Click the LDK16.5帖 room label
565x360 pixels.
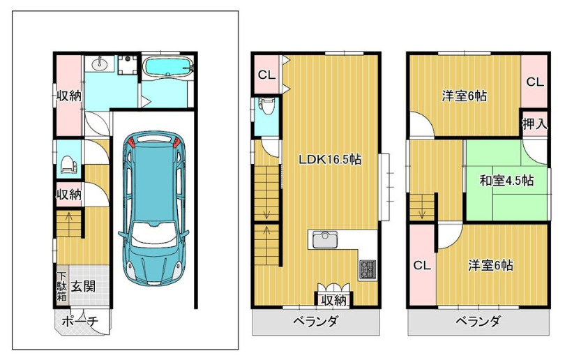click(x=330, y=159)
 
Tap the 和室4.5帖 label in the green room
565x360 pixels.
click(x=506, y=180)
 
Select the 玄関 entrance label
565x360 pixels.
click(x=83, y=286)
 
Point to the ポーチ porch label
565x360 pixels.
click(x=80, y=321)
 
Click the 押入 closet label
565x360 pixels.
click(x=535, y=124)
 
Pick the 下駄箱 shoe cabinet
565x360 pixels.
click(x=62, y=287)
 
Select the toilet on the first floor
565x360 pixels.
click(x=69, y=165)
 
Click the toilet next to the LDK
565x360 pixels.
click(x=267, y=106)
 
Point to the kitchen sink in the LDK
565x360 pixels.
click(x=324, y=239)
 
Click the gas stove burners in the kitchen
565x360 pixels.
click(x=367, y=269)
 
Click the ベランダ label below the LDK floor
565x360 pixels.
click(x=315, y=321)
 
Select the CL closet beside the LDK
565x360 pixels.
click(x=267, y=75)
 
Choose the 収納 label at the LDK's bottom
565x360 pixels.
click(x=334, y=300)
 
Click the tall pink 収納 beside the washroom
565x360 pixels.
click(x=68, y=96)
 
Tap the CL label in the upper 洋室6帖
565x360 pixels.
click(x=535, y=82)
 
